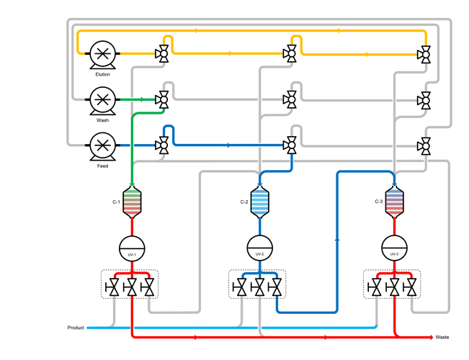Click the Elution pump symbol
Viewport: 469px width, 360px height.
tap(102, 54)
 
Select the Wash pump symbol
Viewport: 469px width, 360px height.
tap(102, 100)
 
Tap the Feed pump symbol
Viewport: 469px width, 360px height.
tap(102, 146)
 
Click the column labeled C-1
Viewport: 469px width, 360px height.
tap(132, 202)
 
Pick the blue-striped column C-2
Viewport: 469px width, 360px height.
tap(259, 202)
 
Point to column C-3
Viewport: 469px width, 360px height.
tap(394, 202)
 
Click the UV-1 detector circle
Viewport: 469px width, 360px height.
tap(132, 247)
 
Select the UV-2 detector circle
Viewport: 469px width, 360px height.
tap(259, 247)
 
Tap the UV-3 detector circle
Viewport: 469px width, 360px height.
tap(394, 247)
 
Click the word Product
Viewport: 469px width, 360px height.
tap(76, 328)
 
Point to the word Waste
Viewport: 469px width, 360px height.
tap(442, 337)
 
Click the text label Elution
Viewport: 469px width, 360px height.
tap(102, 74)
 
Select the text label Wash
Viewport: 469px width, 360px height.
tap(102, 120)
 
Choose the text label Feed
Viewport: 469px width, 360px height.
tap(102, 166)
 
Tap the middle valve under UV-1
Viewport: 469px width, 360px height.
tap(132, 288)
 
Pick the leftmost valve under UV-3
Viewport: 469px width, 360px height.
tap(376, 288)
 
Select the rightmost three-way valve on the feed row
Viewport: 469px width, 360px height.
tap(425, 146)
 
